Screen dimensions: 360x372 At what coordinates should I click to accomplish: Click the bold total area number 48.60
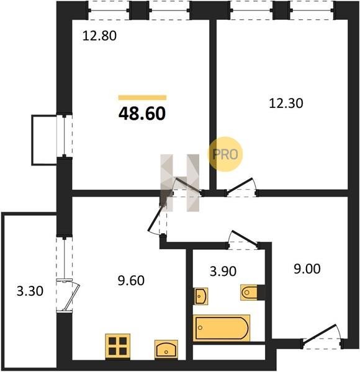point(142,113)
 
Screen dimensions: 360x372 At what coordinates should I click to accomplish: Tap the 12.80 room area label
point(99,36)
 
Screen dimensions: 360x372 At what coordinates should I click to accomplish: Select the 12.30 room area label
point(286,104)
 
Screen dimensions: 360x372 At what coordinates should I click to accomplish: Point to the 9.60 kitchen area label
point(131,280)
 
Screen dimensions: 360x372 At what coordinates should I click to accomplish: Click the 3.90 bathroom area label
point(223,271)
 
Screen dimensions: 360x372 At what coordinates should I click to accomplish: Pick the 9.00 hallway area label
point(307,269)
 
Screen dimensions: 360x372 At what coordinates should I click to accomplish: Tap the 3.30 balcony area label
point(30,291)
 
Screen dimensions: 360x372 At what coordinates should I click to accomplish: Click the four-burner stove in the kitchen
point(118,346)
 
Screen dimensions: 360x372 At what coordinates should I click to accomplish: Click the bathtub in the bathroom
point(222,328)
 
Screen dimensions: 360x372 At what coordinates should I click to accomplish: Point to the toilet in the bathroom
point(250,292)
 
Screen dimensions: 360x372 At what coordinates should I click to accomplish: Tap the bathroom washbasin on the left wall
point(201,296)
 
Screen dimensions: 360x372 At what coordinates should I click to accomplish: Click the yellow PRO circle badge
point(225,154)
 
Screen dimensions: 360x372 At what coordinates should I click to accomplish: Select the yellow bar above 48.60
point(143,97)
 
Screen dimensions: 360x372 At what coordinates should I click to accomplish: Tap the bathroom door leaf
point(245,237)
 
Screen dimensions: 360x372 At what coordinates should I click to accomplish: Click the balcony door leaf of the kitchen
point(71,296)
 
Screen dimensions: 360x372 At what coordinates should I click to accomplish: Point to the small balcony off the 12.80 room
point(44,140)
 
